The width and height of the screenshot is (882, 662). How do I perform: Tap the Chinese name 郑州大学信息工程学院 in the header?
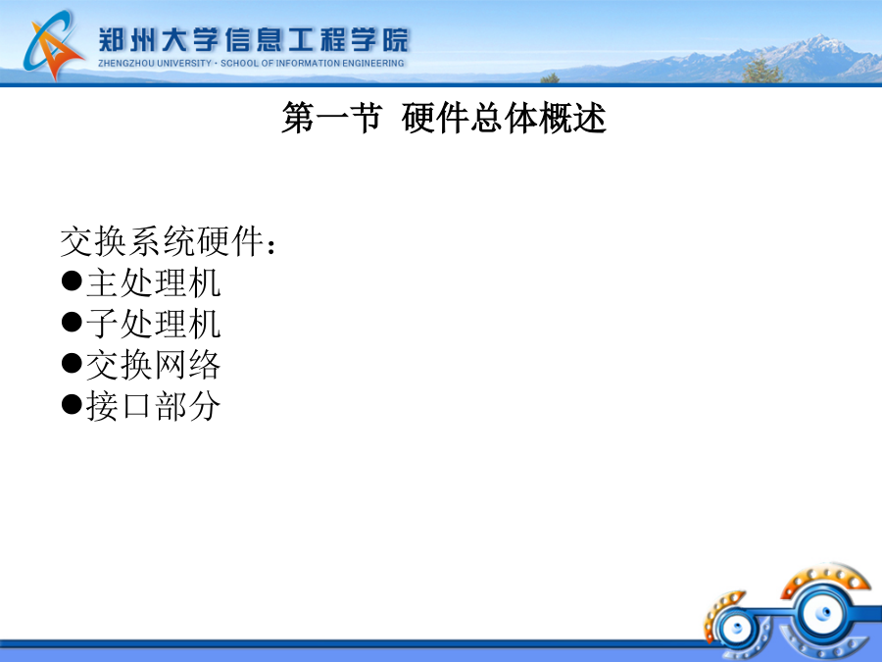click(x=253, y=40)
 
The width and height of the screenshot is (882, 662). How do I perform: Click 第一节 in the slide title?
click(x=332, y=119)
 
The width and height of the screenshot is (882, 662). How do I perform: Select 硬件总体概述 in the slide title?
click(x=504, y=119)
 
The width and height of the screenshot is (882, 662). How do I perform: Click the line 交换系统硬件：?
click(x=169, y=241)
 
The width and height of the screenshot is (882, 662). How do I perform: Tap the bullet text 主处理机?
click(x=153, y=282)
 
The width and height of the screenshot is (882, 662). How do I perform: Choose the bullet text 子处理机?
click(x=153, y=324)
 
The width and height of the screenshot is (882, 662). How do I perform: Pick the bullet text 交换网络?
click(x=153, y=365)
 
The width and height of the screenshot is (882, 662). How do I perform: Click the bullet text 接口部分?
click(x=153, y=406)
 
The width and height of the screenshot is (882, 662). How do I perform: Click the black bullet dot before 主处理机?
click(x=72, y=280)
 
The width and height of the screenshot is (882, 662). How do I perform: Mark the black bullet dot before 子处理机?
click(x=72, y=322)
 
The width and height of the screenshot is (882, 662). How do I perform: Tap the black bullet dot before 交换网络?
click(x=72, y=363)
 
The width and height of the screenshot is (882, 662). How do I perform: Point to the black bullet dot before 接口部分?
click(x=72, y=404)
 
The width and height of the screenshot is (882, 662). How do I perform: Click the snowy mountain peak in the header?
click(x=822, y=41)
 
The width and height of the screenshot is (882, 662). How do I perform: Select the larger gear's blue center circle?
click(x=823, y=612)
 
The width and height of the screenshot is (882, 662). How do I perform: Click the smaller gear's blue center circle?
click(x=736, y=629)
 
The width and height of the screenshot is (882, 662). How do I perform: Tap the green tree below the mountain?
click(x=761, y=70)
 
